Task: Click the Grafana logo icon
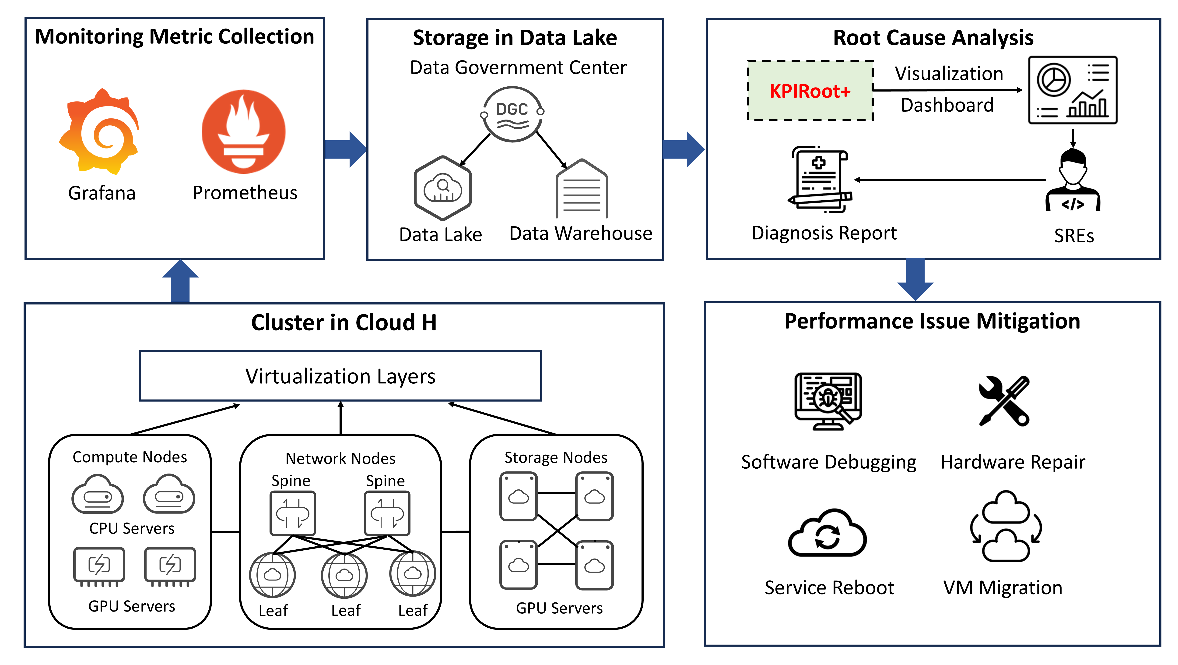tap(100, 132)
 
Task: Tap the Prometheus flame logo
tap(243, 132)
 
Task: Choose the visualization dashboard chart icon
tap(1072, 90)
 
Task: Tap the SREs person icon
tap(1073, 181)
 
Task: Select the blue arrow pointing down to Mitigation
tap(915, 279)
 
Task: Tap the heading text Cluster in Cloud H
tap(344, 323)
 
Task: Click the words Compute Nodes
tap(130, 457)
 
